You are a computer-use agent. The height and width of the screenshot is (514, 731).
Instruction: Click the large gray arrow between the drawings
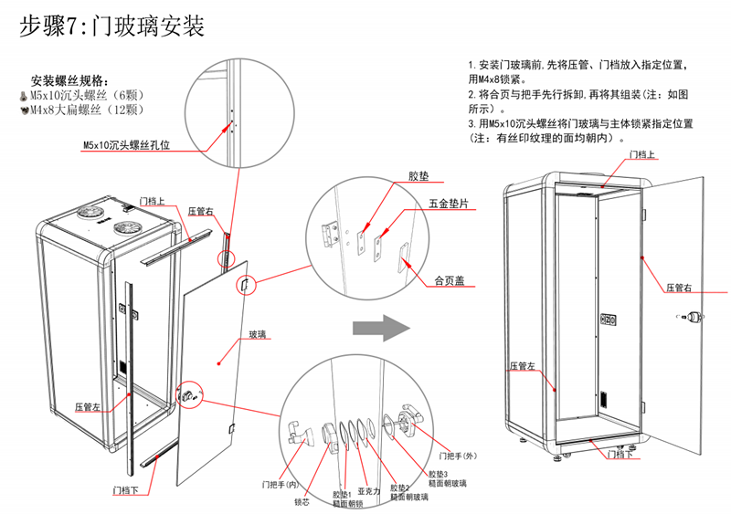click(x=379, y=326)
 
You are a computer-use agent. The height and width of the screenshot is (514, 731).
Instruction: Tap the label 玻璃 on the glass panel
click(x=258, y=335)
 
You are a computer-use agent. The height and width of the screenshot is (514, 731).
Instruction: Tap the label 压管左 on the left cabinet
click(x=88, y=407)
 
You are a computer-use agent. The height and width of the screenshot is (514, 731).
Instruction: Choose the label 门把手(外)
click(x=459, y=456)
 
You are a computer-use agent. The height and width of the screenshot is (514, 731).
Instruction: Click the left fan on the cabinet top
click(x=94, y=210)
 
